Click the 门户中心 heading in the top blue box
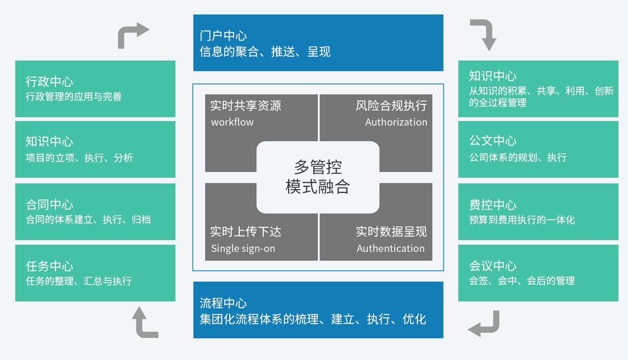tap(223, 36)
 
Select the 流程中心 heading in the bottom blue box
tap(223, 303)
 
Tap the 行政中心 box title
tap(49, 81)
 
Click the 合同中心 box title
tap(49, 205)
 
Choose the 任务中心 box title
tap(49, 266)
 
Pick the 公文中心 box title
tap(493, 141)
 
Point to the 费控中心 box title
tap(493, 205)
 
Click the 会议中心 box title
tap(493, 266)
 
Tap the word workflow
tap(232, 122)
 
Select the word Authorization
tap(396, 122)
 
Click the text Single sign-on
tap(243, 249)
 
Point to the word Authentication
tap(391, 248)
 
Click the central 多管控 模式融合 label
tap(318, 177)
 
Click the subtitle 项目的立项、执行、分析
tap(79, 158)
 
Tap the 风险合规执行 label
tap(391, 106)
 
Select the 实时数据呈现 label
tap(391, 232)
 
